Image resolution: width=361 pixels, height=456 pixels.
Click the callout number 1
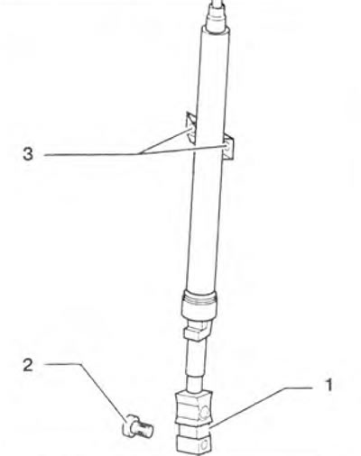pos(329,386)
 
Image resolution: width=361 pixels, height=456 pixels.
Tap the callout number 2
pos(28,365)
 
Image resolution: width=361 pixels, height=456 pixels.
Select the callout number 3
pos(28,154)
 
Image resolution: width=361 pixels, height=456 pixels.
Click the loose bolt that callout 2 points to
pos(138,426)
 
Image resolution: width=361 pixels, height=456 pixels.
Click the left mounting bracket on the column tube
pos(190,127)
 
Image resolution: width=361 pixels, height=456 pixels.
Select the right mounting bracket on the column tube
pos(228,147)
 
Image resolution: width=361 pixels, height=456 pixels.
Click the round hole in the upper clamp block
pos(204,412)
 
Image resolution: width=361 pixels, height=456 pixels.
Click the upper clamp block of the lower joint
pos(194,406)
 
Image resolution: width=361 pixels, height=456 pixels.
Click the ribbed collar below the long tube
pos(199,305)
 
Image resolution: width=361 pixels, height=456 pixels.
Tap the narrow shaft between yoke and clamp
pos(196,366)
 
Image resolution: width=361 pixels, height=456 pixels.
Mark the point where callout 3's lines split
pos(141,154)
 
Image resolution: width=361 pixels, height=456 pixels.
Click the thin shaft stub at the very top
pos(217,5)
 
